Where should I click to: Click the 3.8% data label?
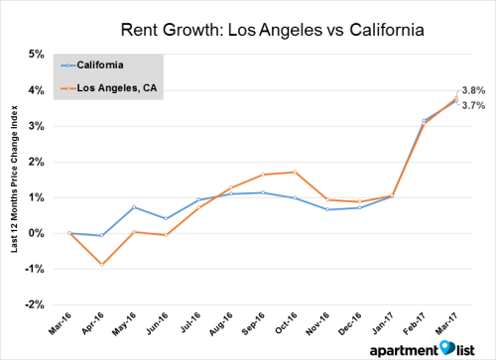(x=474, y=89)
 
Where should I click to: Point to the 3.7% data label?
(x=474, y=104)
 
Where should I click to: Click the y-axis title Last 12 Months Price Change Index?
(x=15, y=179)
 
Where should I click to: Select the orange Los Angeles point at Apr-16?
(x=101, y=265)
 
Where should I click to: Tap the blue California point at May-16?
(x=134, y=207)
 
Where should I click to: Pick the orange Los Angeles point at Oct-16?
(x=295, y=172)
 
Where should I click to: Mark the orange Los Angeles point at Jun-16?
(x=166, y=235)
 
